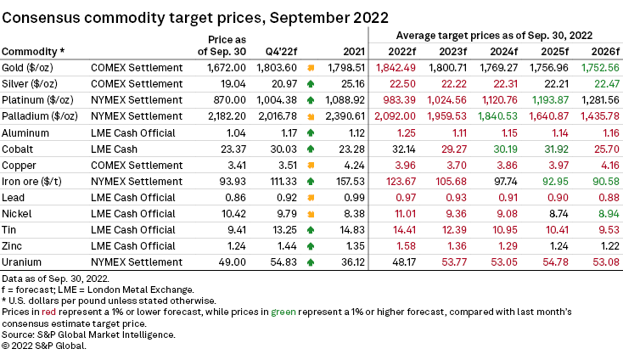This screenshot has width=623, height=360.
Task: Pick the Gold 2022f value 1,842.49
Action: tap(390, 67)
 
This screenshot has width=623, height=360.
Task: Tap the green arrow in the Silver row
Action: tap(311, 83)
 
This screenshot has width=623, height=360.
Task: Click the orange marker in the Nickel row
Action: tap(311, 214)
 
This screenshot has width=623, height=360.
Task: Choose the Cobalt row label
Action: tap(20, 149)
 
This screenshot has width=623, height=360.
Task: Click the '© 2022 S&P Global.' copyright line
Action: tap(45, 346)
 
